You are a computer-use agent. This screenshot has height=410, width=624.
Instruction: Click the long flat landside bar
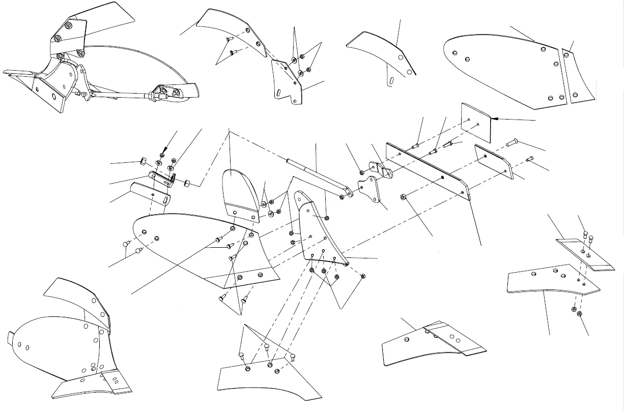[x=428, y=170]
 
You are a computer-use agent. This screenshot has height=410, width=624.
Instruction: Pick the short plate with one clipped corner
[x=493, y=162]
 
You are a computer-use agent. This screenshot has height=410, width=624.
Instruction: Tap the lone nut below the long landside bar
[x=403, y=196]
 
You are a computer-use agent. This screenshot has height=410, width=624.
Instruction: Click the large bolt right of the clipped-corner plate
[x=512, y=140]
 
